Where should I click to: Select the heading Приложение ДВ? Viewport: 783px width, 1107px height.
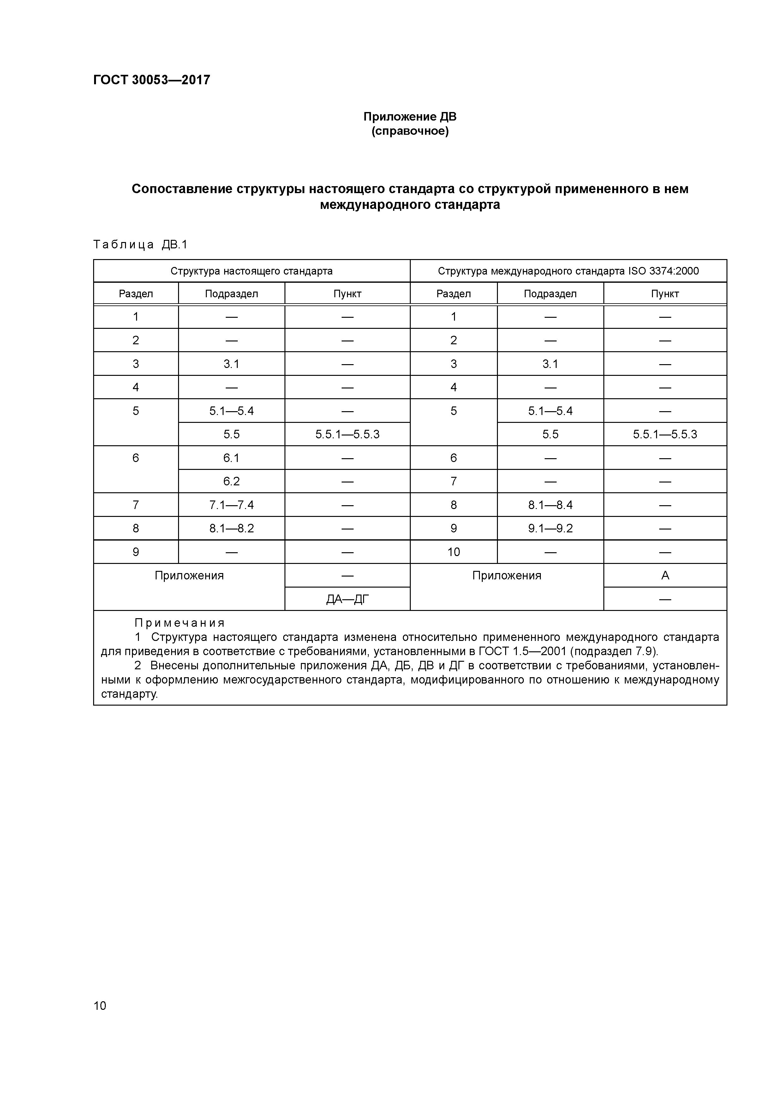click(x=409, y=117)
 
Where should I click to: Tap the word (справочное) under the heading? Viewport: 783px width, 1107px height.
click(x=409, y=131)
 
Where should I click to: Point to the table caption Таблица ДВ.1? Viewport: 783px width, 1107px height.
click(x=140, y=245)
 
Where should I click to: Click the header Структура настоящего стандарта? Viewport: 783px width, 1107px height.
click(x=251, y=271)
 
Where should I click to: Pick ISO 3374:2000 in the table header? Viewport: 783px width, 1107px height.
click(x=663, y=271)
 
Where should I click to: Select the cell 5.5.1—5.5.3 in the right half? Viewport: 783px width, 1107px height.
click(x=665, y=435)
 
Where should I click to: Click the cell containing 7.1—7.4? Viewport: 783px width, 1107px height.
click(x=231, y=505)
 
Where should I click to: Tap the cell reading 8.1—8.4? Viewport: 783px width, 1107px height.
click(x=550, y=505)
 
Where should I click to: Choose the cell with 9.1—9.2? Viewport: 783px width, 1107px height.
click(x=550, y=529)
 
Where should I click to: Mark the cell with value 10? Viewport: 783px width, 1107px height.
click(x=453, y=552)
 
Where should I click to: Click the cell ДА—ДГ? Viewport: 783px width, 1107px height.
click(x=347, y=599)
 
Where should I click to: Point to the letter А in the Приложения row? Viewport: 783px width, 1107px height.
click(x=665, y=576)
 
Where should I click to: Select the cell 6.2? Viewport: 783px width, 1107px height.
click(x=231, y=481)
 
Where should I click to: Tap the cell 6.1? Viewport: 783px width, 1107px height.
click(x=231, y=458)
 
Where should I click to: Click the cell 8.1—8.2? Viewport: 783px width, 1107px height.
click(x=231, y=529)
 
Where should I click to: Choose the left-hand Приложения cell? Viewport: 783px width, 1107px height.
click(x=189, y=576)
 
